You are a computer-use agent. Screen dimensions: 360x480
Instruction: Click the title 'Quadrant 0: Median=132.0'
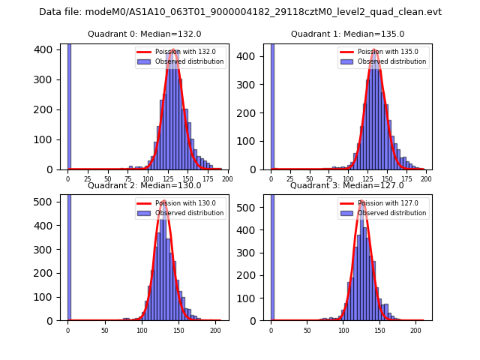[145, 34]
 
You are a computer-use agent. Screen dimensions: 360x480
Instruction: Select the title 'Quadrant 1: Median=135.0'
[347, 34]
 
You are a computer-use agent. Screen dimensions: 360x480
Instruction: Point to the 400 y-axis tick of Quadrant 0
[49, 49]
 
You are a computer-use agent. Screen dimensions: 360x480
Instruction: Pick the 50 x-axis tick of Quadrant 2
[104, 331]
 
